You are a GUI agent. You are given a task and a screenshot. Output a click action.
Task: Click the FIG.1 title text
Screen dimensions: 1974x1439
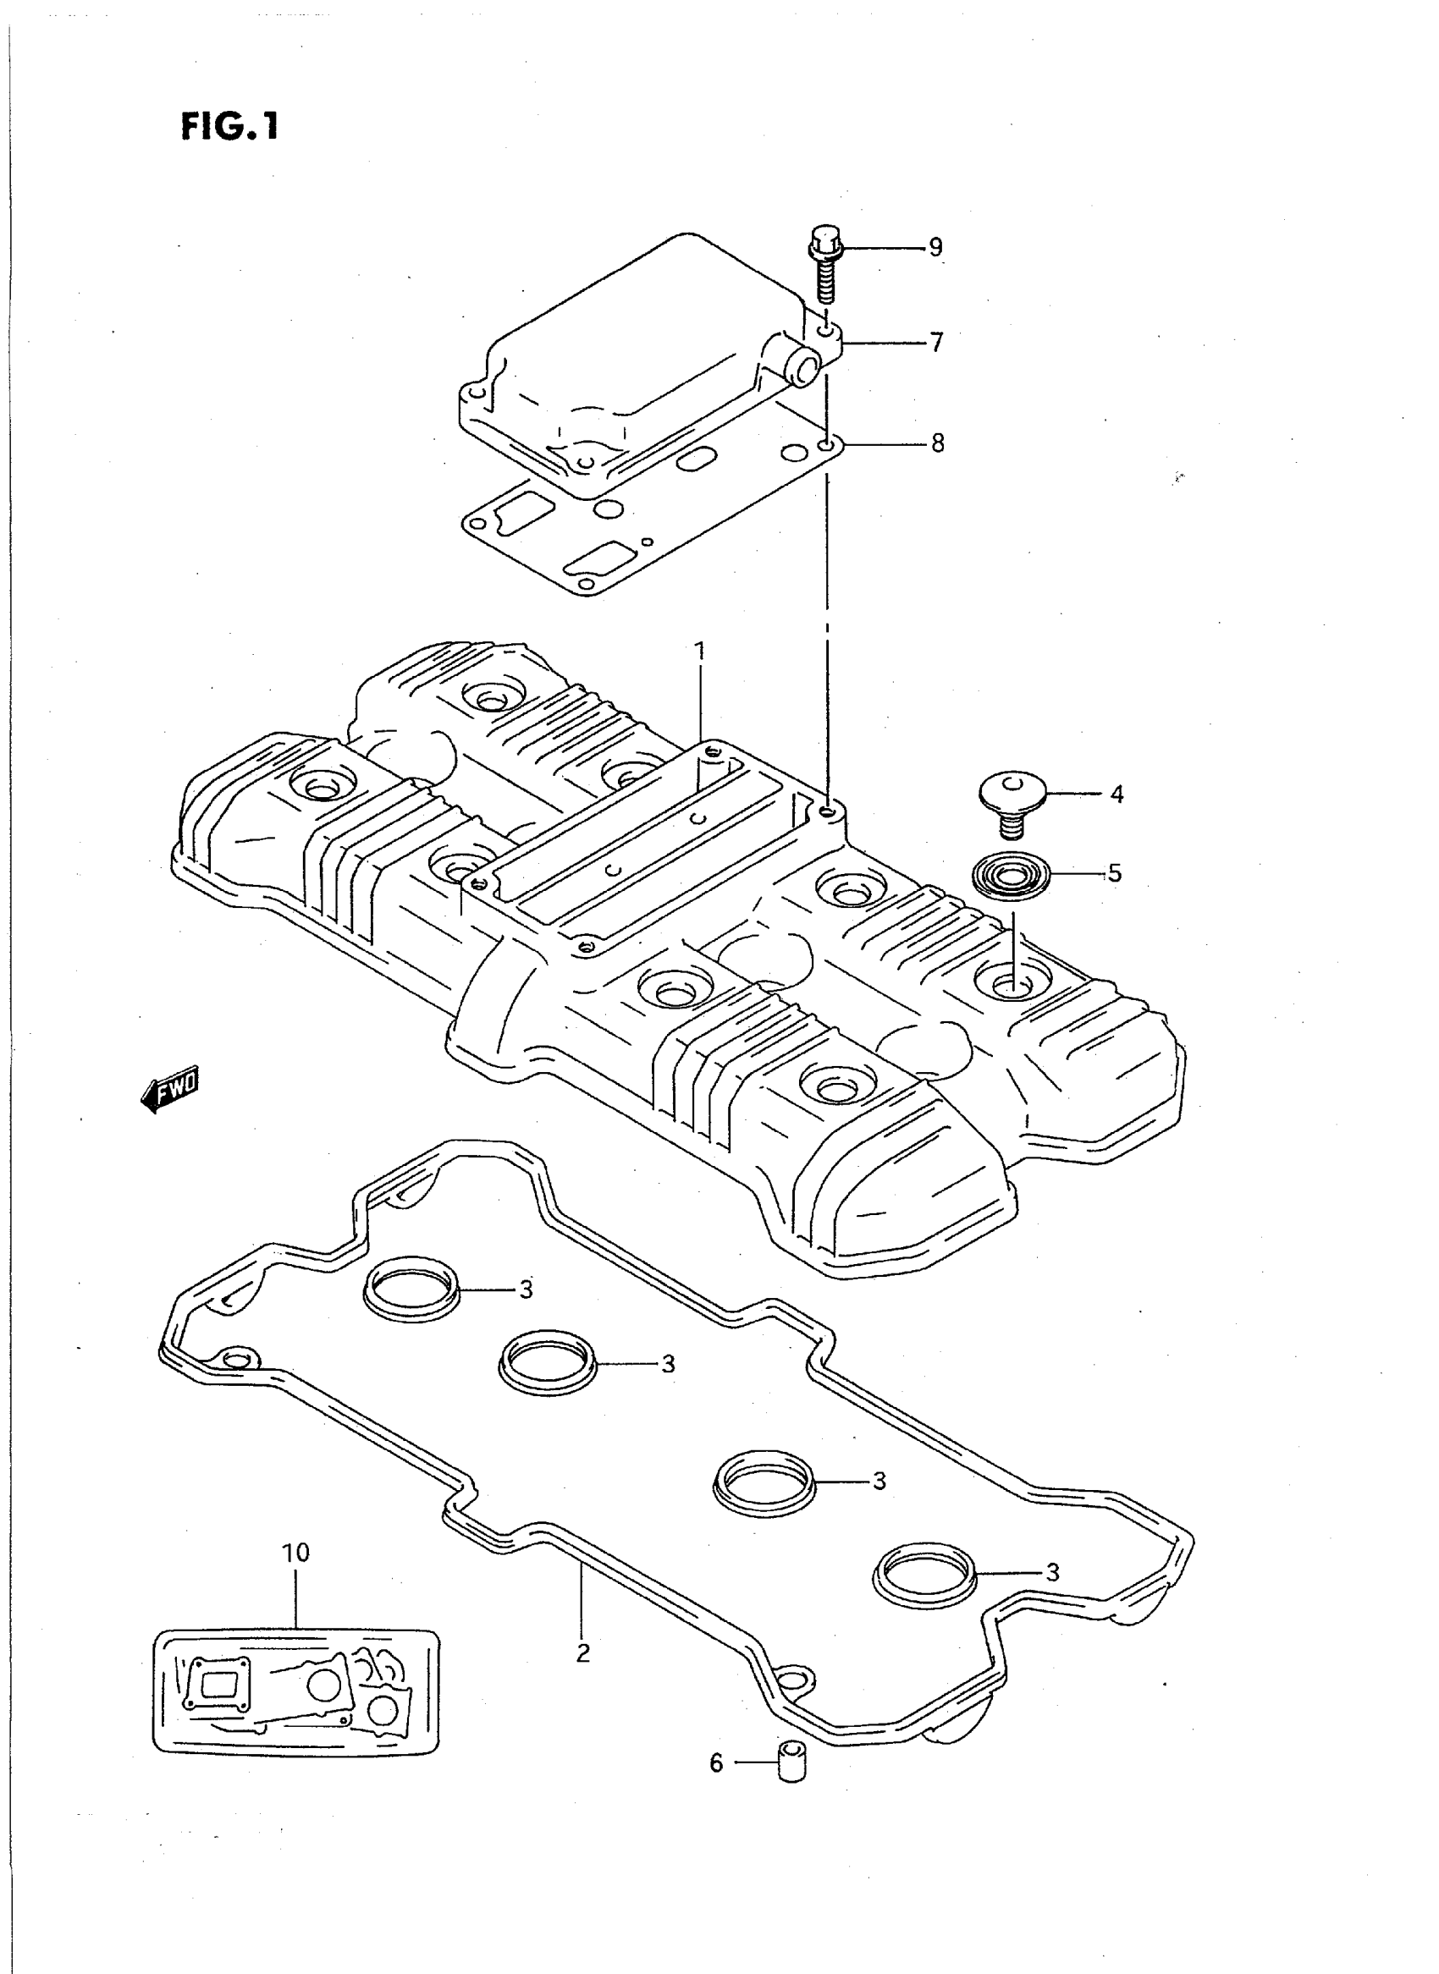coord(229,127)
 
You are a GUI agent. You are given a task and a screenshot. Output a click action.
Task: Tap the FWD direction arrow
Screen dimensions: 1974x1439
coord(171,1087)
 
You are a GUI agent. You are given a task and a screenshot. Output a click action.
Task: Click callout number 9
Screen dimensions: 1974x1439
coord(935,247)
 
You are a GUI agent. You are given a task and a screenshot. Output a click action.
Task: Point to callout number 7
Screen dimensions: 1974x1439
coord(936,342)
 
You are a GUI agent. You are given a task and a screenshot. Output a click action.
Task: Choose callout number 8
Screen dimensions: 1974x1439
coord(937,443)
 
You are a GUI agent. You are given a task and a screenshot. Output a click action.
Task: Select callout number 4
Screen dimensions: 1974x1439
coord(1116,795)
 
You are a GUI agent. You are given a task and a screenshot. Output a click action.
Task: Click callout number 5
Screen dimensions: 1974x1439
coord(1115,872)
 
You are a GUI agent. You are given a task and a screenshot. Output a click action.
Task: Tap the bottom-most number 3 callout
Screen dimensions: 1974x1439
coord(1052,1573)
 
